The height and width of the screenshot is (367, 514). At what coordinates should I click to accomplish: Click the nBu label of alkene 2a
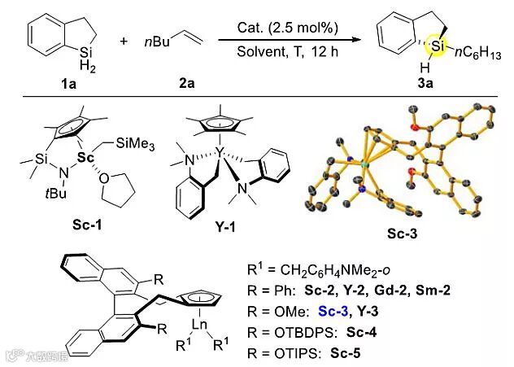(x=154, y=38)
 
